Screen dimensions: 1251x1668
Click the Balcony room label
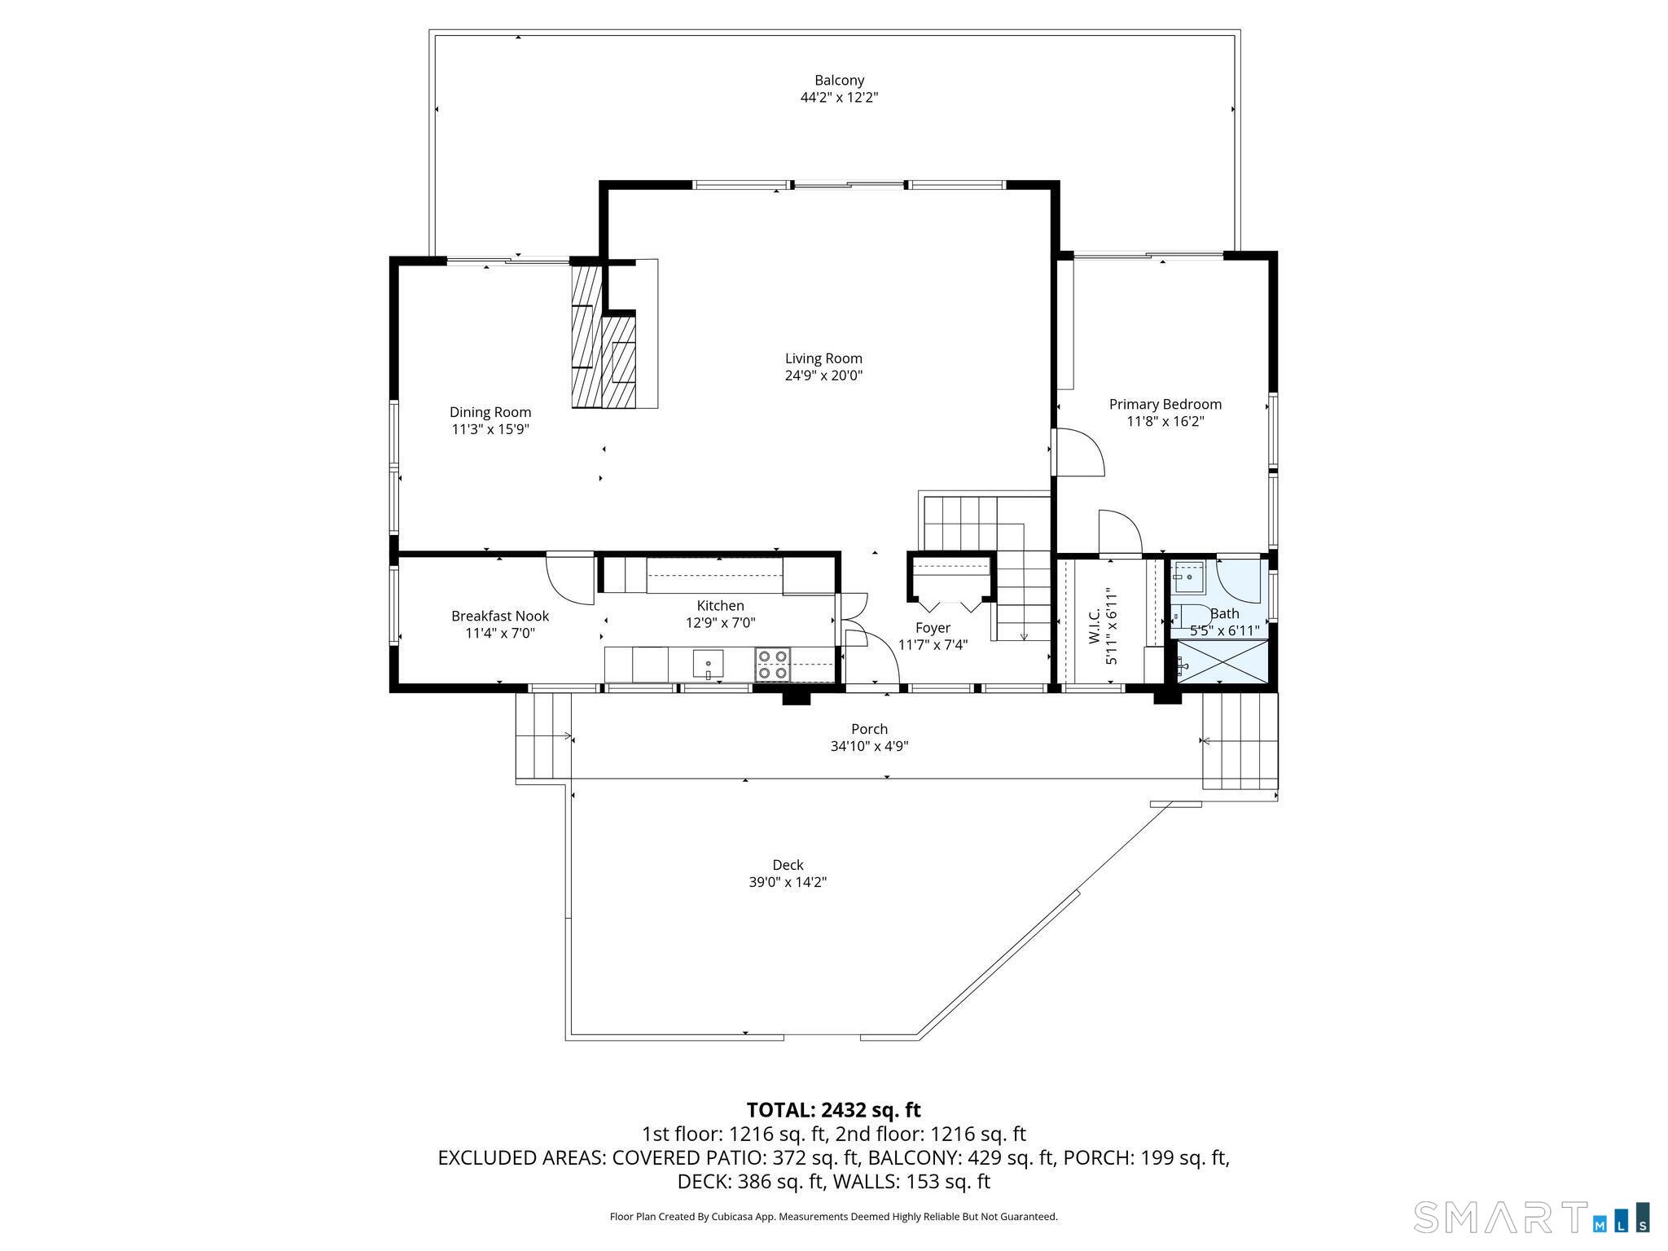click(x=839, y=81)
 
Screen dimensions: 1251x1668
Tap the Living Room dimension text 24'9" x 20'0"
click(x=823, y=375)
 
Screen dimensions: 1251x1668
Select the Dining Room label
click(x=490, y=413)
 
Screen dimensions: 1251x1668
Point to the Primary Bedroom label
click(x=1165, y=405)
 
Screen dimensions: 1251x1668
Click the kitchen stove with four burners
click(x=773, y=664)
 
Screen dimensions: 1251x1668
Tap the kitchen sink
click(x=708, y=663)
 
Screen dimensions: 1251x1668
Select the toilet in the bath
click(x=1190, y=616)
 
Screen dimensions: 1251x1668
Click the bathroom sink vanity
click(x=1189, y=579)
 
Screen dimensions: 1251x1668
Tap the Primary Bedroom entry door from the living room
click(x=1078, y=453)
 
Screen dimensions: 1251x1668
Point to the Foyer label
click(x=933, y=628)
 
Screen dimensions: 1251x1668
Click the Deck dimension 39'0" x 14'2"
click(x=788, y=882)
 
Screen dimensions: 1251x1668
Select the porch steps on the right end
click(x=1240, y=740)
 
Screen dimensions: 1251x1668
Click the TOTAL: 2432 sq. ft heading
click(x=833, y=1110)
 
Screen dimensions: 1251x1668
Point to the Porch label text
click(x=869, y=729)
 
